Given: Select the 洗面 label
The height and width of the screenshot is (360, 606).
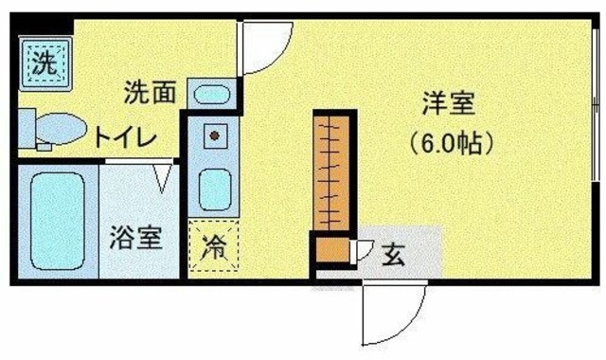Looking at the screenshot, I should [150, 93].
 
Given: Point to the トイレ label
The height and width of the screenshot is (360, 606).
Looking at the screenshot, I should [123, 138].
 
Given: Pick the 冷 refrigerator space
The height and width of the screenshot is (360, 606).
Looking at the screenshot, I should [213, 245].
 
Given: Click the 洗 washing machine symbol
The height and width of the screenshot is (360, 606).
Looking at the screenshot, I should [42, 63].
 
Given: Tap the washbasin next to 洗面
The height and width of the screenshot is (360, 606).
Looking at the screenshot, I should [213, 95].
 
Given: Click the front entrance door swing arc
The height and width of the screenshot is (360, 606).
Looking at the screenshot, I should [393, 313].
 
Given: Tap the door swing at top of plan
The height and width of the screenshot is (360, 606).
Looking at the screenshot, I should [264, 47].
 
